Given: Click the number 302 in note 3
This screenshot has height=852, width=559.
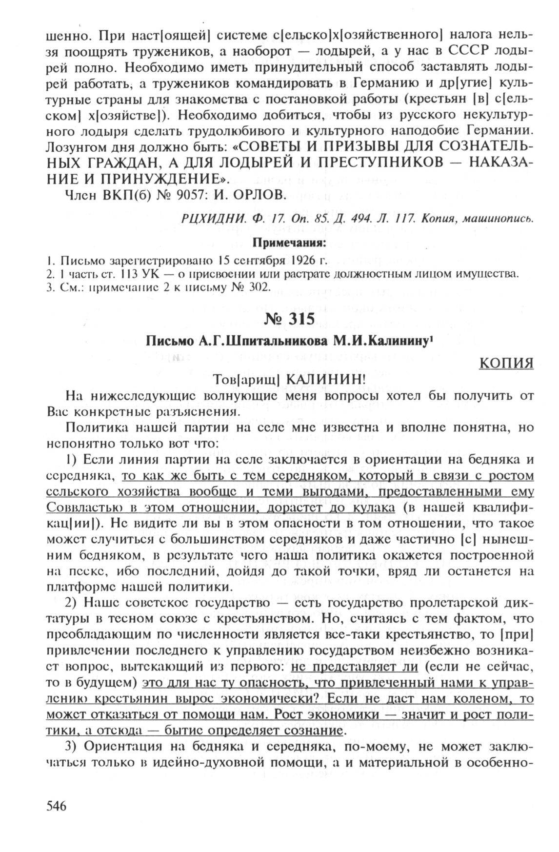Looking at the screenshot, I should click(258, 286).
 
